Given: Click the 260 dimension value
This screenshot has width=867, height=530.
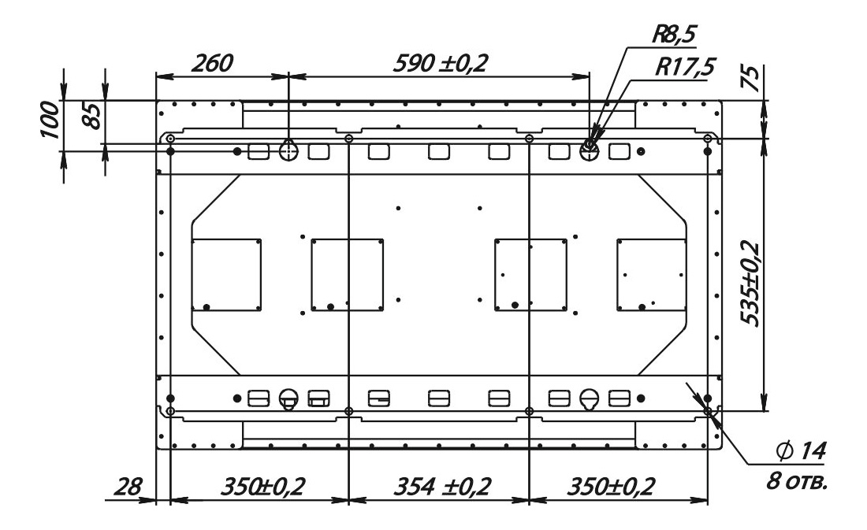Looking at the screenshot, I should click(x=212, y=63).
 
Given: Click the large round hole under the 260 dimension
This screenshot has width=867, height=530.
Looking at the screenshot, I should click(x=288, y=149).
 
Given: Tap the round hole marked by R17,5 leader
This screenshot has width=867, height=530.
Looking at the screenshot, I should click(x=590, y=149).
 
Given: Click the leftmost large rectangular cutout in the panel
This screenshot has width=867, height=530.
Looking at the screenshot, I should click(x=226, y=274).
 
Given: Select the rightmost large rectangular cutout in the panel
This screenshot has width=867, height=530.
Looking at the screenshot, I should click(x=651, y=274).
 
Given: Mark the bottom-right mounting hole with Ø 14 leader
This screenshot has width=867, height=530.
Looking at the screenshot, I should click(x=708, y=411).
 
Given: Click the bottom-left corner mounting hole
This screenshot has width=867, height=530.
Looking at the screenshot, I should click(x=171, y=411).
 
